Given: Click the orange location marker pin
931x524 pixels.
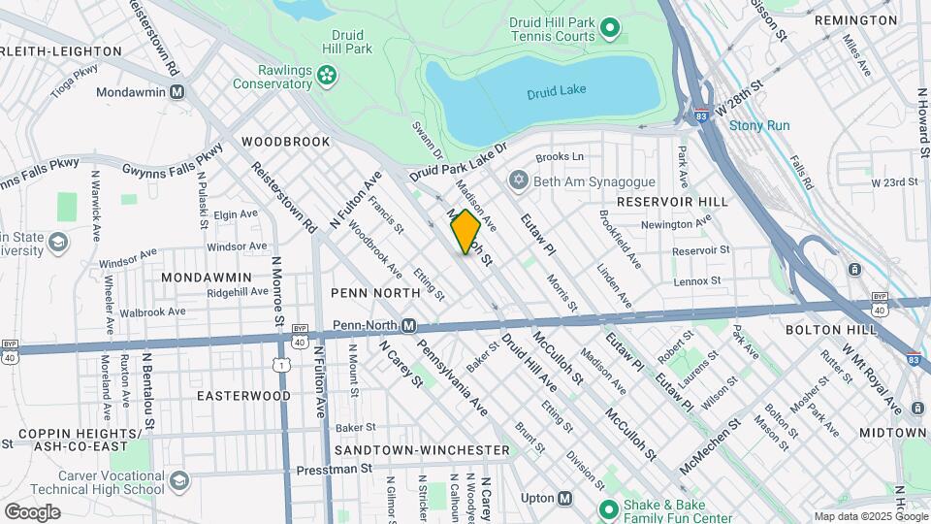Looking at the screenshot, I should pyautogui.click(x=465, y=231).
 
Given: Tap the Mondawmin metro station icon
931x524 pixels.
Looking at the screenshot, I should pyautogui.click(x=177, y=93).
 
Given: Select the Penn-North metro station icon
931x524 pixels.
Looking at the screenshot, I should pyautogui.click(x=409, y=325).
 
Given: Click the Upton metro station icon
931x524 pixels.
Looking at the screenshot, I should pyautogui.click(x=564, y=498).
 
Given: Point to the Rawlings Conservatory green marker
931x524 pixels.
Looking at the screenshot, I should pyautogui.click(x=327, y=73).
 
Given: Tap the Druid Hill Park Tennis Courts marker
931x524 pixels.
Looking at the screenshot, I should pyautogui.click(x=610, y=28).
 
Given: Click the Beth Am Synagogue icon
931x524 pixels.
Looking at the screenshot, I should pyautogui.click(x=519, y=181).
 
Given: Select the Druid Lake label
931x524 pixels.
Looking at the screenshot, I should pyautogui.click(x=557, y=91).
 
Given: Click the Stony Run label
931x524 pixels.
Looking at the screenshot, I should pyautogui.click(x=759, y=125).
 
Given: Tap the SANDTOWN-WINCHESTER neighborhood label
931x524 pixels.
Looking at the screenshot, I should pyautogui.click(x=422, y=450).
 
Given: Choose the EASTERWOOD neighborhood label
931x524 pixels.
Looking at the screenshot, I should pyautogui.click(x=243, y=396).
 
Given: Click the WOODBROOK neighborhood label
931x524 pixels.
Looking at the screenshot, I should pyautogui.click(x=286, y=142).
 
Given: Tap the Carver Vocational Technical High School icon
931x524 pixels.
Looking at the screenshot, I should pyautogui.click(x=179, y=481).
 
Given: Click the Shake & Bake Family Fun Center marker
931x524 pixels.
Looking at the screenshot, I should pyautogui.click(x=609, y=508).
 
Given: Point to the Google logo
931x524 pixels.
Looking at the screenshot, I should pyautogui.click(x=32, y=511).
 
